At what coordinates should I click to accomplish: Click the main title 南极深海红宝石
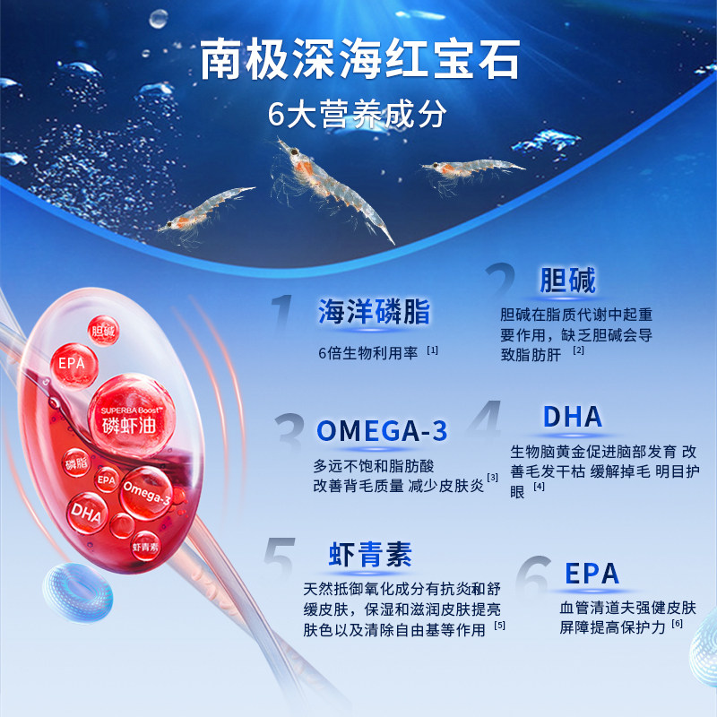tap(359, 60)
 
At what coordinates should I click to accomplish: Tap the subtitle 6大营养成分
tap(358, 115)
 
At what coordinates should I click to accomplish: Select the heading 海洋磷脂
tap(374, 312)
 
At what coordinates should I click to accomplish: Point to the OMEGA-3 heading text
tap(381, 431)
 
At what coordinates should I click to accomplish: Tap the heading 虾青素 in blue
tap(369, 556)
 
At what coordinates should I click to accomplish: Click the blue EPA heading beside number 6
tap(592, 574)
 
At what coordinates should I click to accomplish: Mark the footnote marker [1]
tap(432, 350)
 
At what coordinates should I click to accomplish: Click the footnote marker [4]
tap(539, 487)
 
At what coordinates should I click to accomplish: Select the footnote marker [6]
tap(677, 624)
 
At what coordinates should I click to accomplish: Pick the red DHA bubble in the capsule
tap(88, 514)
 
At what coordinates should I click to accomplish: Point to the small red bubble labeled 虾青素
tap(145, 546)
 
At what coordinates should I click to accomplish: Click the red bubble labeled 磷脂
tap(75, 464)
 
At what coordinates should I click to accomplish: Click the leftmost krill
tap(204, 210)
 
